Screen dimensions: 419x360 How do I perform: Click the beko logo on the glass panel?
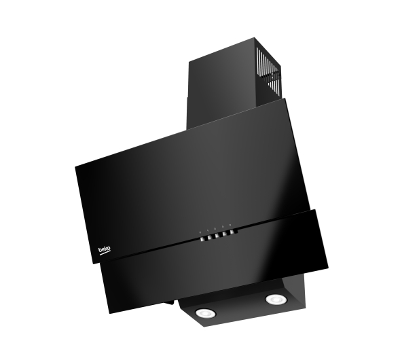pos(105,250)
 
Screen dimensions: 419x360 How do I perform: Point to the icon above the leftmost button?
pos(200,232)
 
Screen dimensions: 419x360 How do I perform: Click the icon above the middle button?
pos(215,229)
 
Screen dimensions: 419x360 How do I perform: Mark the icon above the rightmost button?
pos(230,226)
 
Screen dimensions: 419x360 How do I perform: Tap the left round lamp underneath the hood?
pos(206,312)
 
